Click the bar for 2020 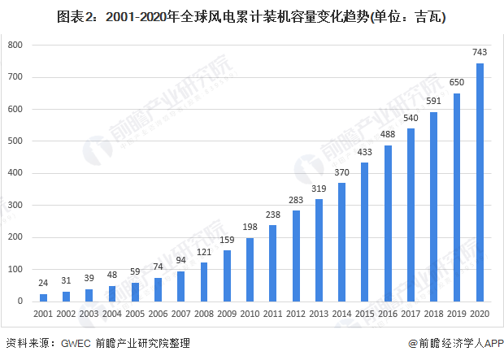pos(480,182)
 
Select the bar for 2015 pos(364,232)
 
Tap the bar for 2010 pos(250,269)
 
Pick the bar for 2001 pos(43,297)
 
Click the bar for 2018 pos(433,206)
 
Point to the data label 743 pos(480,53)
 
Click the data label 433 pos(364,152)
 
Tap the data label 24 pos(43,283)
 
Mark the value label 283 pos(296,200)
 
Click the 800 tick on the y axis pos(15,46)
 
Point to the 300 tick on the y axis pos(15,206)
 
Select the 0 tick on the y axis pos(20,301)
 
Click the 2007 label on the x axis pos(180,314)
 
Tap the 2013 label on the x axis pos(319,314)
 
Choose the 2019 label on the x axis pos(457,314)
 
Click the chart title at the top pos(251,15)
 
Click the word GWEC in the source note pos(76,344)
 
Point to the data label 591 pos(433,102)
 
